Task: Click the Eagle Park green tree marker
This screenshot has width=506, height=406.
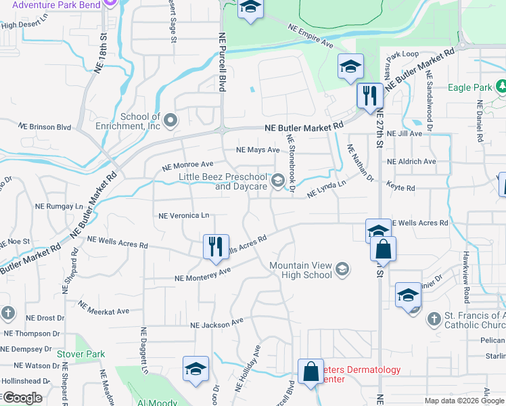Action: click(x=501, y=87)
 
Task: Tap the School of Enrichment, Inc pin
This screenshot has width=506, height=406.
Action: click(x=170, y=121)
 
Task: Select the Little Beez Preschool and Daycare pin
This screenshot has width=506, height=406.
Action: click(x=277, y=181)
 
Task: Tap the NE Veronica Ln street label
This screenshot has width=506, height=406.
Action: click(x=183, y=216)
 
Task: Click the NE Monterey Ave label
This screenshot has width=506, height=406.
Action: click(x=203, y=274)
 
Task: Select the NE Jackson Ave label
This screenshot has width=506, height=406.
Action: click(x=216, y=324)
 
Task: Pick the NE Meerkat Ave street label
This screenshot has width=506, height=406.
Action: click(x=103, y=308)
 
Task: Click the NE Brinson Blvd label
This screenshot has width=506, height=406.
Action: click(x=45, y=127)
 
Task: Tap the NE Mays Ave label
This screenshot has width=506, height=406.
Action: click(x=257, y=150)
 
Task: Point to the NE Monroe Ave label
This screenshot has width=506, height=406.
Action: click(x=188, y=165)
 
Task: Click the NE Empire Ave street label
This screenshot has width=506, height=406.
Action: click(x=311, y=36)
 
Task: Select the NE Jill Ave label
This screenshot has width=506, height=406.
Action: click(x=410, y=134)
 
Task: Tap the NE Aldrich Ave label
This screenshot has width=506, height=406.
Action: click(x=411, y=162)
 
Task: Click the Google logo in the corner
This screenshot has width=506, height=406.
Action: click(x=22, y=398)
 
